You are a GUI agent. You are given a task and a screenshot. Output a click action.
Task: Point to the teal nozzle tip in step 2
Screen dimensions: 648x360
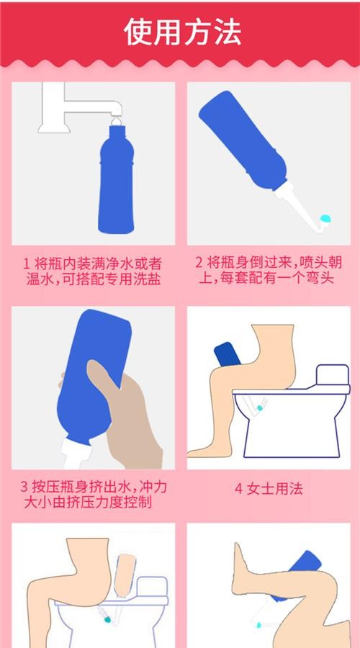325,216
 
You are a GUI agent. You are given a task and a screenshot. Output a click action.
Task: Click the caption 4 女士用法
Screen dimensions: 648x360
269,489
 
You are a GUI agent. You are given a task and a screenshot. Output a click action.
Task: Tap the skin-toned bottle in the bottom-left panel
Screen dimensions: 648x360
125,572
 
